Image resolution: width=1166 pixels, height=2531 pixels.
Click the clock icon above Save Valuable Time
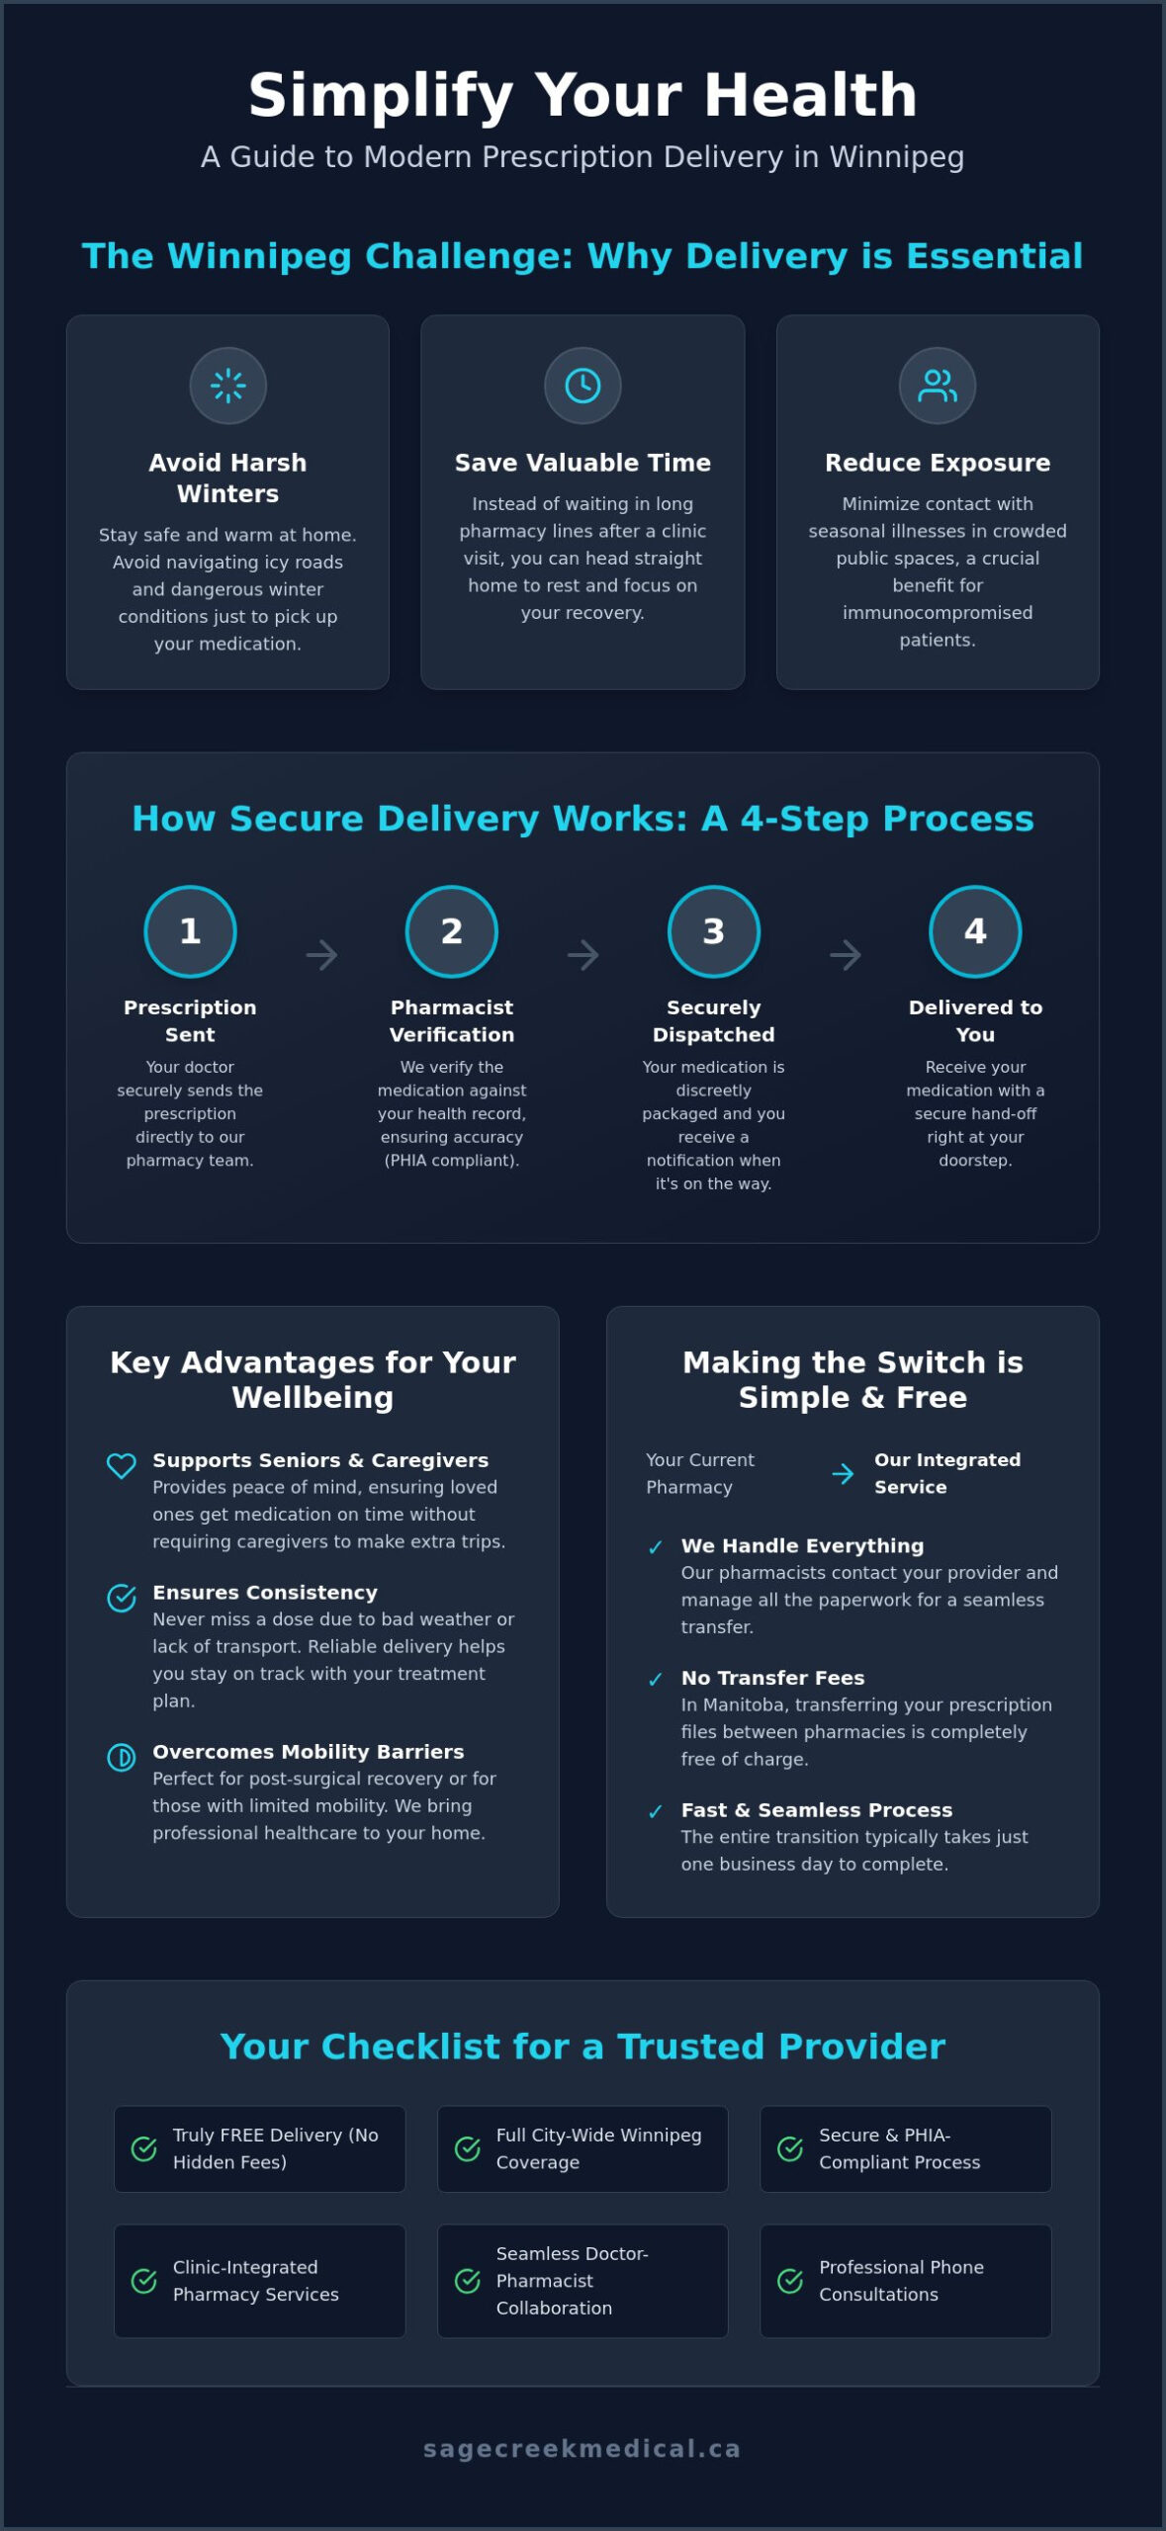coord(583,386)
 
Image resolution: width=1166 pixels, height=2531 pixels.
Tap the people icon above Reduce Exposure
coord(938,386)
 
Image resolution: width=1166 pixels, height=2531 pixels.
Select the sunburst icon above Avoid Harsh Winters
coord(228,386)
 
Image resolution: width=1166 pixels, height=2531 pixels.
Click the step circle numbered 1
coord(190,931)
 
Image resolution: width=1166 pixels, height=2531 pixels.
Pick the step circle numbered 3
coord(714,931)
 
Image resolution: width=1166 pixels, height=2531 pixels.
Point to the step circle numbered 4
coord(975,931)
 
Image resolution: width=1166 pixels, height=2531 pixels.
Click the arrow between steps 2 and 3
coord(583,955)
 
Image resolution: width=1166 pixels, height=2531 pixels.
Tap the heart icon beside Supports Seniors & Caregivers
coord(122,1465)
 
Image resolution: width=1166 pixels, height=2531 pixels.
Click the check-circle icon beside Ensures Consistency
coord(122,1598)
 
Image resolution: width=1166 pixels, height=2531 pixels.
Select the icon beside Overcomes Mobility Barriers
coord(122,1757)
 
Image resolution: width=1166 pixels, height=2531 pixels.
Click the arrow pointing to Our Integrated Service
coord(843,1474)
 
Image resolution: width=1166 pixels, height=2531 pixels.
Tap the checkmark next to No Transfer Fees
coord(655,1680)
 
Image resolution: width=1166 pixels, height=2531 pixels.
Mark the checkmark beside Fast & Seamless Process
coord(655,1812)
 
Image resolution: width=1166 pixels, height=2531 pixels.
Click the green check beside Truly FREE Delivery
coord(144,2148)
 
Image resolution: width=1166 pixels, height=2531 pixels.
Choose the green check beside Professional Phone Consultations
coord(790,2281)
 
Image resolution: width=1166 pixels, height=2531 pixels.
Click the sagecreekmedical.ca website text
coord(583,2448)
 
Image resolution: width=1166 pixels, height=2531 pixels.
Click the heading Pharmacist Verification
coord(452,1021)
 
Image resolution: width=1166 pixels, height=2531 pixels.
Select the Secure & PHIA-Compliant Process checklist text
coord(900,2148)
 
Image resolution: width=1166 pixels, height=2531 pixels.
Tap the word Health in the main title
coord(811,96)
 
